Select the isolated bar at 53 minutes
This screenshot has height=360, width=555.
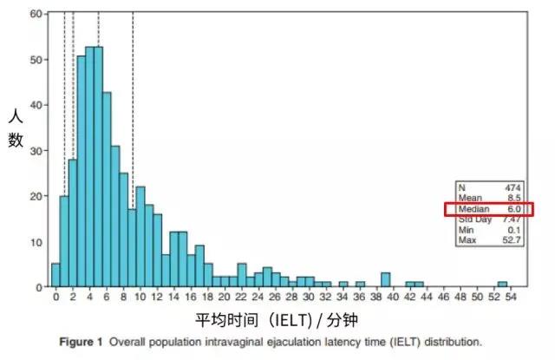tap(502, 284)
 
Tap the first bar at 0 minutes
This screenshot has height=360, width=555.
tap(55, 274)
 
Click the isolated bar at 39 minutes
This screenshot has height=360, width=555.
tap(384, 279)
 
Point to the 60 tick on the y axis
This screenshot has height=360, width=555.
tap(35, 15)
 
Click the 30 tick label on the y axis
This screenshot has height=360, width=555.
tap(35, 151)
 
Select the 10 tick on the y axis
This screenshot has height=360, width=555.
tap(35, 241)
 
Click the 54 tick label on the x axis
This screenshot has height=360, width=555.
tap(510, 297)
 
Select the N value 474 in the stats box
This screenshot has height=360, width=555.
tap(513, 187)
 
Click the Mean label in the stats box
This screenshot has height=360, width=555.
tap(473, 198)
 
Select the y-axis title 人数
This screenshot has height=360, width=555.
tap(16, 127)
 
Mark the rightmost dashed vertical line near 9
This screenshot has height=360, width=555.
tap(132, 104)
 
